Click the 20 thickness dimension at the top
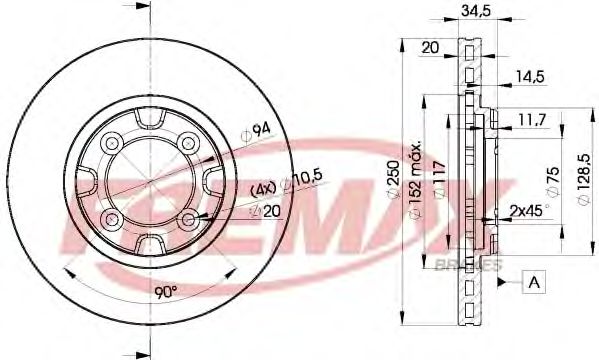[x=431, y=47]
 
